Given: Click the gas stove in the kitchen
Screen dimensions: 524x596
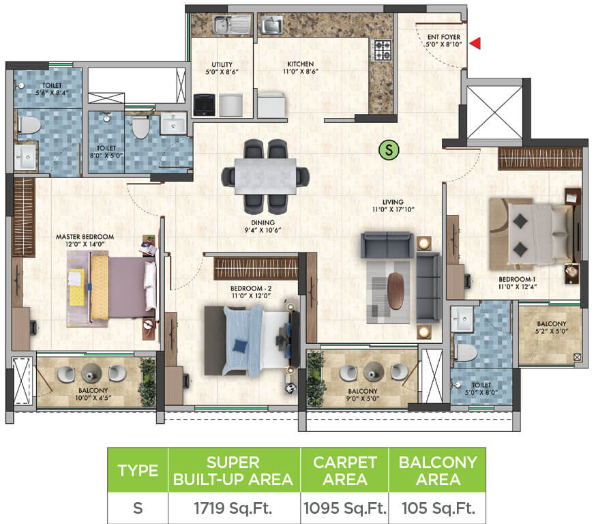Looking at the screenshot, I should point(381,50).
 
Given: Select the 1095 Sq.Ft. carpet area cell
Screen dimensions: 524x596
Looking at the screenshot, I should point(344,509).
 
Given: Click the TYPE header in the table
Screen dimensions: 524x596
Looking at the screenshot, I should point(138,470).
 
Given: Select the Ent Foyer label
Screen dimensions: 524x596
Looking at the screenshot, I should point(444,40).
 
